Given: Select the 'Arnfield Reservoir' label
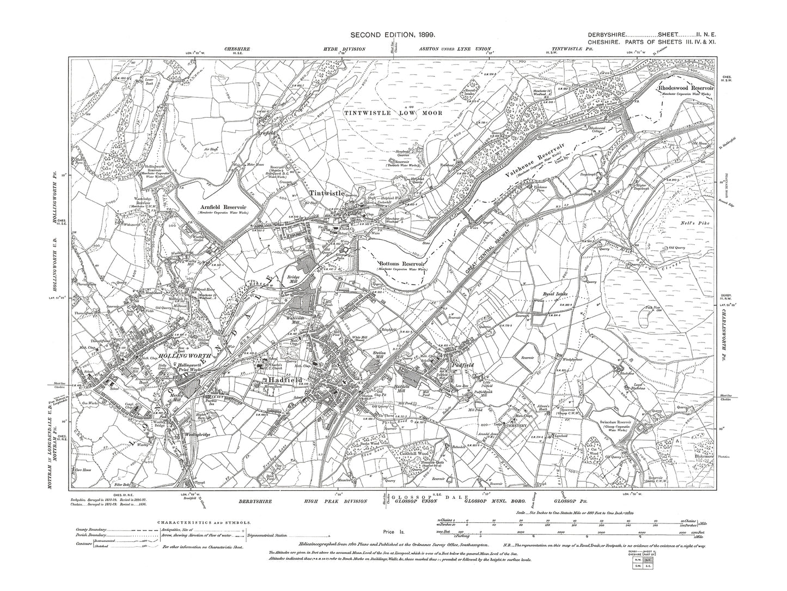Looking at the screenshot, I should point(223,208).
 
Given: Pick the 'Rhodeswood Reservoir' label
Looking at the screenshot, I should point(691,87).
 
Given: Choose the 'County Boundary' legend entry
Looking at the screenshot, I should point(89,529).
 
